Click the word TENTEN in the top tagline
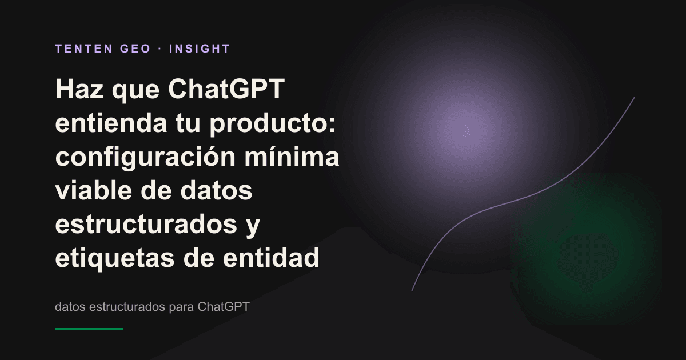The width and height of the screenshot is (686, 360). [84, 49]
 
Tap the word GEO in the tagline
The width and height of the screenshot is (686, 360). [135, 49]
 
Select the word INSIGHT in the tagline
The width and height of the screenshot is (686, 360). [200, 49]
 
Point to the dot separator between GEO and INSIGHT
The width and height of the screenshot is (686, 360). [160, 49]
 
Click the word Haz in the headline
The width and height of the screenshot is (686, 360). [79, 89]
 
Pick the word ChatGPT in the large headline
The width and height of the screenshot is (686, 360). [226, 89]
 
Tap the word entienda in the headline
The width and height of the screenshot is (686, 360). [111, 123]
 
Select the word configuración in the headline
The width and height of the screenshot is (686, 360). [145, 157]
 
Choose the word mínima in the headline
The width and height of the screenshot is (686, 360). [292, 156]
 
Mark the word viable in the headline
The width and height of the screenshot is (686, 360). [93, 190]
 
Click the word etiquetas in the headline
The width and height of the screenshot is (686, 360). [115, 258]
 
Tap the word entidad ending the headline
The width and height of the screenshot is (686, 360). [271, 257]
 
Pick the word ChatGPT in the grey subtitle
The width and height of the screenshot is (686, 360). [224, 306]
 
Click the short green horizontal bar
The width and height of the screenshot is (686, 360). [89, 329]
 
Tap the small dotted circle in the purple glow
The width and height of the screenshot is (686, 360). [466, 131]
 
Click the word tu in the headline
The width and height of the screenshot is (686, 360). [188, 123]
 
